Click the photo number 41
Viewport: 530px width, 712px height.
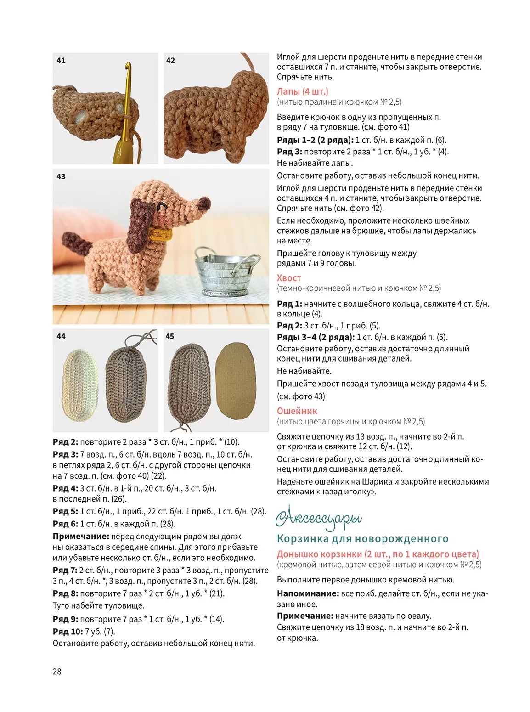(x=61, y=60)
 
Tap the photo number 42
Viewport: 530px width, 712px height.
(x=170, y=60)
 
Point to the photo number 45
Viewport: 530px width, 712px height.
(x=170, y=336)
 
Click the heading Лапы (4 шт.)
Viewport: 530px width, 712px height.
(x=302, y=91)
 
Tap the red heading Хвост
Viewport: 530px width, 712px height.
(x=289, y=278)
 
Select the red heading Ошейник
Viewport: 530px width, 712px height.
(x=297, y=411)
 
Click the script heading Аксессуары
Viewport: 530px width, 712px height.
(x=319, y=518)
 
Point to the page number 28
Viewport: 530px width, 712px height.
(x=57, y=672)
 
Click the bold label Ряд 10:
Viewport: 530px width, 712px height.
(x=68, y=632)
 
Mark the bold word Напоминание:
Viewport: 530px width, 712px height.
(x=307, y=594)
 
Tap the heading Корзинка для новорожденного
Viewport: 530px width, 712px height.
(x=362, y=539)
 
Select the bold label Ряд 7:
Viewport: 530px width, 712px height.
(x=65, y=570)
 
